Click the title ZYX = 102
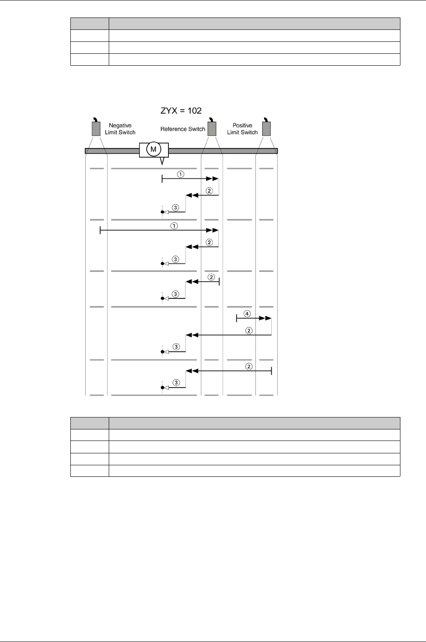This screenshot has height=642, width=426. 181,111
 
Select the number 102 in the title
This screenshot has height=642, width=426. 194,111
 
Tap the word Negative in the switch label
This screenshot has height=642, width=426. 120,125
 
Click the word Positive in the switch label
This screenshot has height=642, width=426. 242,125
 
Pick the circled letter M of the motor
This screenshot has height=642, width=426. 154,149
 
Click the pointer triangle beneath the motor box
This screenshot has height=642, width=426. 162,161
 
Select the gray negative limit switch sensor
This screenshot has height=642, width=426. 96,128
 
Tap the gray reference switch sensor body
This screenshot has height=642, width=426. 212,128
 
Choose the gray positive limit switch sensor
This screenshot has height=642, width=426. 267,128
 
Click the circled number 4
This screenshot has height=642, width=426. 247,314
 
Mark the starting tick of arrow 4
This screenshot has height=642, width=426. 237,318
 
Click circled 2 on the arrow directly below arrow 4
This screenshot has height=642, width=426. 249,330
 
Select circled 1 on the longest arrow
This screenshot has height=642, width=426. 174,226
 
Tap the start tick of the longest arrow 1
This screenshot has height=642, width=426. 100,231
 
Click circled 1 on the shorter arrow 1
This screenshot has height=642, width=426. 181,174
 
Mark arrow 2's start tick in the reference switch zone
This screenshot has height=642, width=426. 219,282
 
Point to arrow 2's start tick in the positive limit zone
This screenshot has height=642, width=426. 272,371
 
